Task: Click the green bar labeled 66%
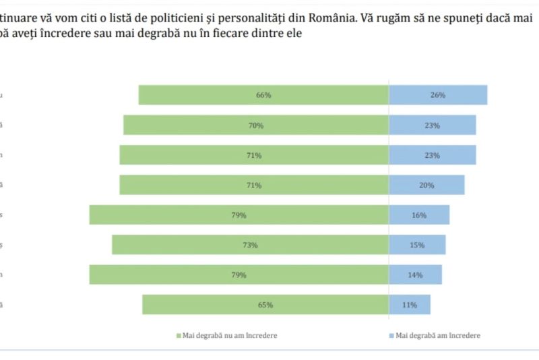[263, 95]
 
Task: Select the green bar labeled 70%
[255, 125]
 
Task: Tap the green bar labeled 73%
[250, 245]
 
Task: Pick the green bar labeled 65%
[265, 305]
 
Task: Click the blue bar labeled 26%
[438, 95]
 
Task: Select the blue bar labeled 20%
[426, 185]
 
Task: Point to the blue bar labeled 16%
[419, 215]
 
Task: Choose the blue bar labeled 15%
[417, 245]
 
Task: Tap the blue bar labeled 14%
[415, 275]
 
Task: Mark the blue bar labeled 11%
[410, 305]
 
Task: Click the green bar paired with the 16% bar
[239, 215]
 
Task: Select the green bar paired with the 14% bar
[239, 275]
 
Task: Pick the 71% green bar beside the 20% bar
[254, 185]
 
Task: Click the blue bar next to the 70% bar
[433, 125]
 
